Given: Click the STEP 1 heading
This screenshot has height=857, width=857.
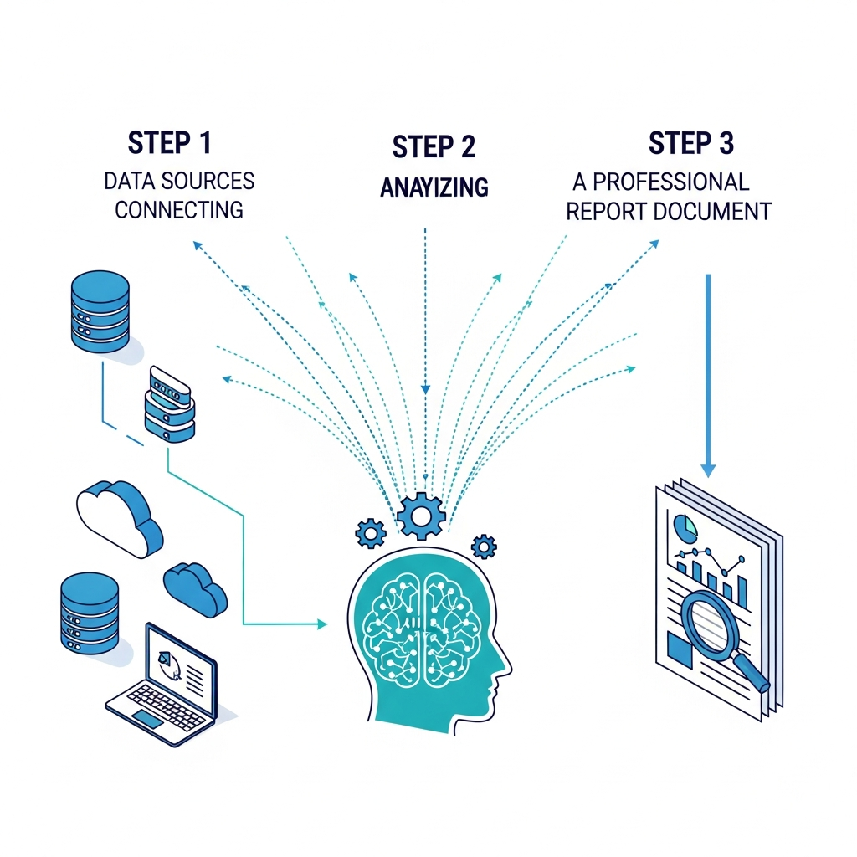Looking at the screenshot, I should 169,143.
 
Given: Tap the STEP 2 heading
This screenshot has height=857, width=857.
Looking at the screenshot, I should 434,146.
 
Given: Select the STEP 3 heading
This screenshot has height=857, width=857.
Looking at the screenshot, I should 690,143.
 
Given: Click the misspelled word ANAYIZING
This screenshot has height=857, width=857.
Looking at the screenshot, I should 434,188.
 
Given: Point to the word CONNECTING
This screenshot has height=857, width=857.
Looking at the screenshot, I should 179,208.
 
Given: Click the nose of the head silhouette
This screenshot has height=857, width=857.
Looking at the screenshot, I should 505,667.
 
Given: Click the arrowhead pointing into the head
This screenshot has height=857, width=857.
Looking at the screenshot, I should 321,624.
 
